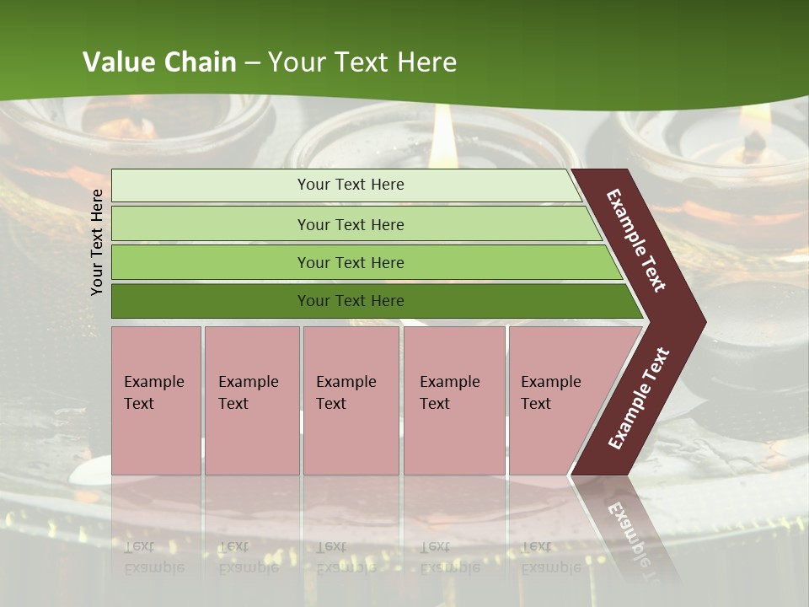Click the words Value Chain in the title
click(159, 62)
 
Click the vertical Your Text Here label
click(97, 242)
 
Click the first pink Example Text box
click(157, 400)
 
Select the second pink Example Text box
click(252, 400)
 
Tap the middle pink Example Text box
click(351, 400)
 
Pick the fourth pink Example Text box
click(454, 400)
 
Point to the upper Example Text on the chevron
click(636, 241)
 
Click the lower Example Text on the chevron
click(639, 399)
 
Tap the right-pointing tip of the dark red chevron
click(699, 322)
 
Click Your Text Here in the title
click(362, 62)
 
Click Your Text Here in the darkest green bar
click(351, 301)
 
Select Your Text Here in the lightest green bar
click(351, 185)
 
